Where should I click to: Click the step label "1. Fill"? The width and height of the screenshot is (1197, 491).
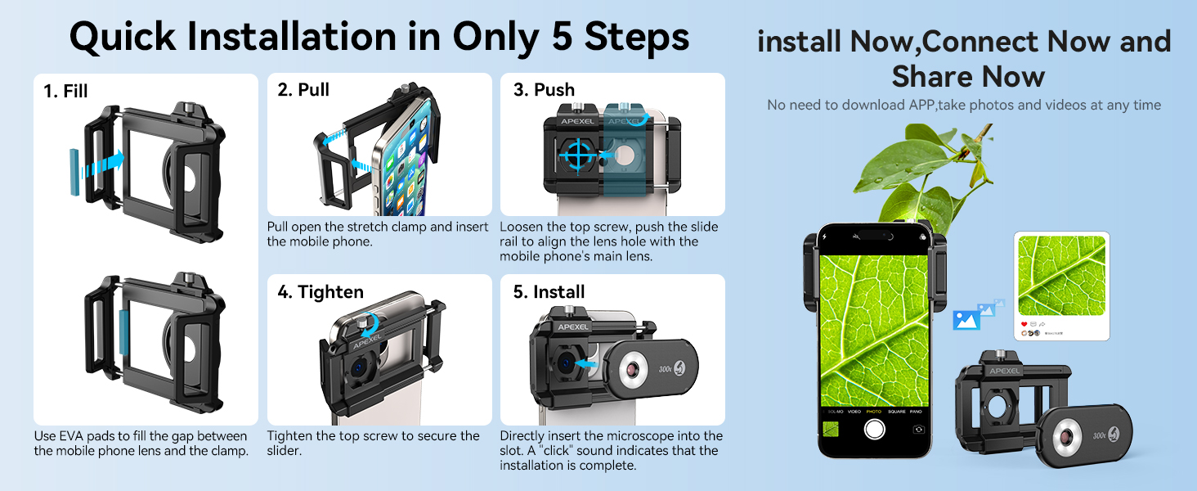(65, 91)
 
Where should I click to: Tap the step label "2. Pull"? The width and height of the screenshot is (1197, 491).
(303, 89)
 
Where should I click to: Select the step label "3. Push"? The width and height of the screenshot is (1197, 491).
(544, 89)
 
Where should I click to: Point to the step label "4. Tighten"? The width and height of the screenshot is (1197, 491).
(321, 292)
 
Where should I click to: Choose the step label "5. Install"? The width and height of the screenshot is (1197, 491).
(549, 292)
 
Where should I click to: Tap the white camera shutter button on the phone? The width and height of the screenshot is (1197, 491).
(874, 429)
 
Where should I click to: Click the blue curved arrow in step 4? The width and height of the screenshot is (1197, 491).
(370, 324)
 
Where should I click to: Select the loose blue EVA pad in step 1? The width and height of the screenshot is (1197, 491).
(74, 172)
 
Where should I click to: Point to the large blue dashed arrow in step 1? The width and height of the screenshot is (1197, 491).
(103, 164)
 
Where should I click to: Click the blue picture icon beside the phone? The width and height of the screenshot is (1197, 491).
(966, 320)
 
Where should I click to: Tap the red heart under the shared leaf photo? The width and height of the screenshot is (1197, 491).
(1024, 324)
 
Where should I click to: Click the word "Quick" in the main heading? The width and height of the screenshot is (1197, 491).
(123, 38)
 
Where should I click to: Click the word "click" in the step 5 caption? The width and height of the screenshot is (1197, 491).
(556, 450)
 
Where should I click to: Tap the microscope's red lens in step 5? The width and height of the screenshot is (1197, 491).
(634, 369)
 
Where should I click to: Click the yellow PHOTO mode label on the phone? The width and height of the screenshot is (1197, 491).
(874, 412)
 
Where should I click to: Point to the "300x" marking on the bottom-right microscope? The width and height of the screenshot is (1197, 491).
(1099, 435)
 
